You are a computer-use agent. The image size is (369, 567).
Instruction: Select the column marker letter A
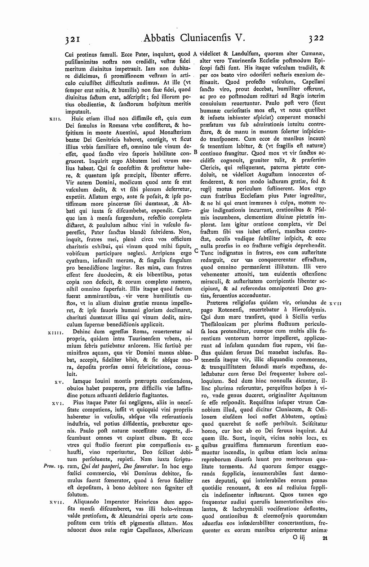[x=195, y=54]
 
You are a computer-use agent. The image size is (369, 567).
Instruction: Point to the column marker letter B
[x=195, y=152]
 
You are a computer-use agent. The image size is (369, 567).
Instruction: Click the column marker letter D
[x=196, y=358]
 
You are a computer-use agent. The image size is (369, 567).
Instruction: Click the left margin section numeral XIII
[x=57, y=118]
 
